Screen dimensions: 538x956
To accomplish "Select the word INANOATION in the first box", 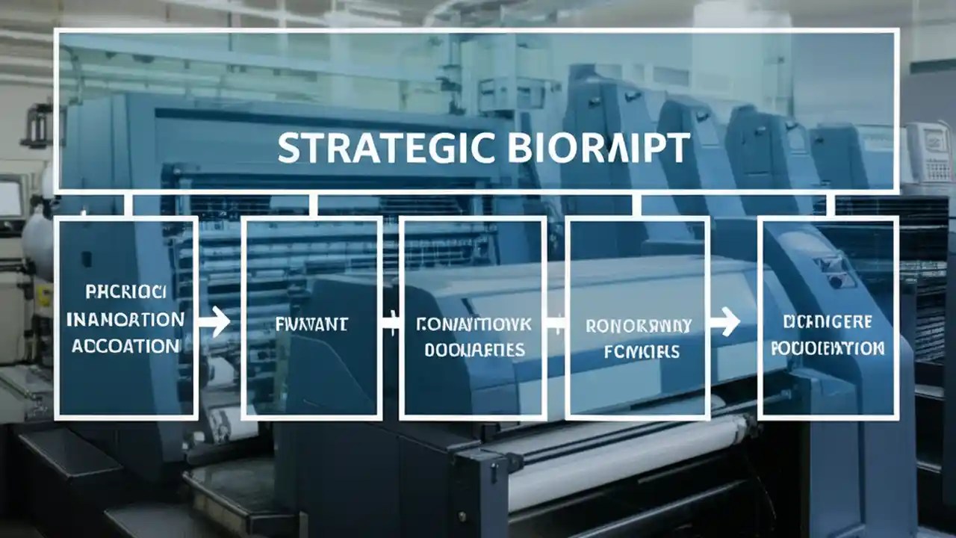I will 125,319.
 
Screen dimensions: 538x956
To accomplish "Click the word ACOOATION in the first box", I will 125,346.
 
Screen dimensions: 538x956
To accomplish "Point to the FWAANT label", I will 311,324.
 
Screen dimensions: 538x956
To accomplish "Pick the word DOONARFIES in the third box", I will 474,349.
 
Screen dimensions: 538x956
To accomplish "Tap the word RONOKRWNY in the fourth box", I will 639,326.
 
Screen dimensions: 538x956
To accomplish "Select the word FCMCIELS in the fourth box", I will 639,350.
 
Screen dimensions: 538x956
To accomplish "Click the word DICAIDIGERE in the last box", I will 828,322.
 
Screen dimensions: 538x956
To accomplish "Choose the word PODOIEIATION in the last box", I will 828,348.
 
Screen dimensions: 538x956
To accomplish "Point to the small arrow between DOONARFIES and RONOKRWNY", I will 555,324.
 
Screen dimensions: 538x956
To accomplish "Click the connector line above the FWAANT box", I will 313,204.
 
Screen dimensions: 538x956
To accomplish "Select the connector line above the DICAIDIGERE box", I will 831,204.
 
